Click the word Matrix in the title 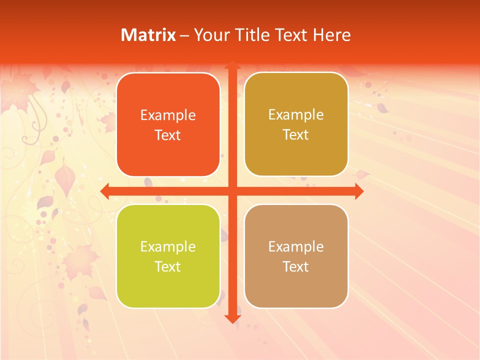[148, 35]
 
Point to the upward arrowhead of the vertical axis [232, 65]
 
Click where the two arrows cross [232, 191]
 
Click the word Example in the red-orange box [168, 115]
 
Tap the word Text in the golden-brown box [296, 135]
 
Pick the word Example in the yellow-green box [168, 247]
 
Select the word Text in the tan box [296, 266]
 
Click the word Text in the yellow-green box [168, 266]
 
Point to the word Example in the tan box [296, 247]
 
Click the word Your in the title [210, 35]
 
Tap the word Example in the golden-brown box [296, 115]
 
